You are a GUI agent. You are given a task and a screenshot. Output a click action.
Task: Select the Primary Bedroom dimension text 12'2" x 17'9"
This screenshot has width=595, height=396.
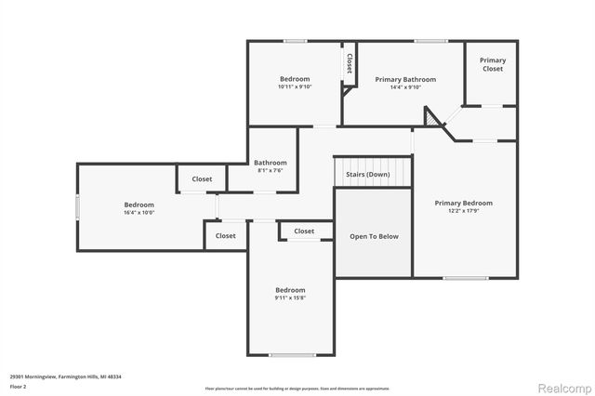click(x=464, y=211)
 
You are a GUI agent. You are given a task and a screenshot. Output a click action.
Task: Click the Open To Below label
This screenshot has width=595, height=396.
click(x=374, y=236)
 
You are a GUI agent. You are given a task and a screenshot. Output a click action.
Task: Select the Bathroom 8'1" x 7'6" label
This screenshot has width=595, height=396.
click(x=271, y=166)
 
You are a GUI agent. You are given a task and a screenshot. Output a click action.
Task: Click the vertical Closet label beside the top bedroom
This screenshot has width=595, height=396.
click(x=350, y=63)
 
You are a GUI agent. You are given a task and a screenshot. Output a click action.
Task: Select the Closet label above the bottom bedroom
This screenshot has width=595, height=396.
click(x=304, y=231)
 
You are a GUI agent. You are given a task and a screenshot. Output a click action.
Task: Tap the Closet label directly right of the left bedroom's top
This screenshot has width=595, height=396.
click(x=202, y=179)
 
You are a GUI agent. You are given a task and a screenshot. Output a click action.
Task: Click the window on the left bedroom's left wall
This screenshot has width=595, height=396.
click(x=78, y=206)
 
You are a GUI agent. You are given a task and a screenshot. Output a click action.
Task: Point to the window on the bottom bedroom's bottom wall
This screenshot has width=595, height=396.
click(x=291, y=355)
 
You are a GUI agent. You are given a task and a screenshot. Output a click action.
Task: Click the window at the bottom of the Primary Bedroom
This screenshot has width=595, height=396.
click(x=465, y=278)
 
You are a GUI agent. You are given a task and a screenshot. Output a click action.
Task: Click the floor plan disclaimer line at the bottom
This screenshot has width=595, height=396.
click(x=297, y=389)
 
